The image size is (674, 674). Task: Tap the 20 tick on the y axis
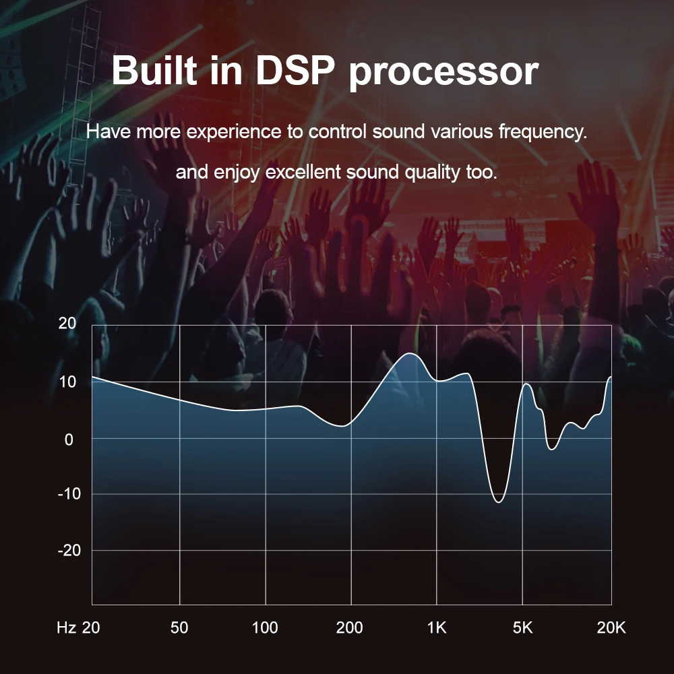pos(67,324)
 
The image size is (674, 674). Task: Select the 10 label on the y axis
pos(67,381)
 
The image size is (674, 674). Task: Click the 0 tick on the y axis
pos(69,438)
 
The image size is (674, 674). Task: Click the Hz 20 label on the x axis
pos(78,628)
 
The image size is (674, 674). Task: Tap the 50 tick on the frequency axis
pos(179,628)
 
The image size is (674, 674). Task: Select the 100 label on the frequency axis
pos(265,628)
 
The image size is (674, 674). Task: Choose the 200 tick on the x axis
pos(350,628)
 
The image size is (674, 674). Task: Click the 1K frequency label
pos(437,628)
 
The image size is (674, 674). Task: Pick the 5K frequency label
pos(522,628)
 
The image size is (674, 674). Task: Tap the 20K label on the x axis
pos(611,628)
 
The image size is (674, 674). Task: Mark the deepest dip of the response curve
pos(499,502)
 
